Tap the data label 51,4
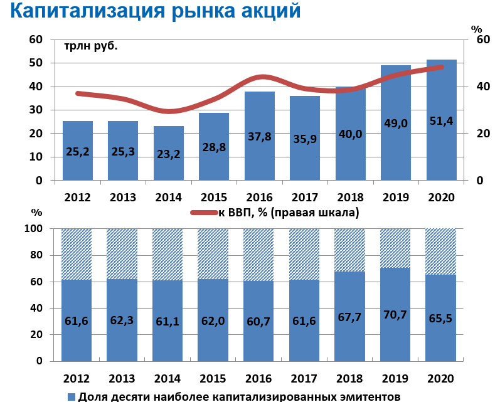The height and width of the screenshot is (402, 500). pyautogui.click(x=441, y=121)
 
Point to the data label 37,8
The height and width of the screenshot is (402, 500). pyautogui.click(x=259, y=137)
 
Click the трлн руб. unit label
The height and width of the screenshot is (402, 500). pyautogui.click(x=91, y=46)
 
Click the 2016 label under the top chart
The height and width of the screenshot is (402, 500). pyautogui.click(x=259, y=198)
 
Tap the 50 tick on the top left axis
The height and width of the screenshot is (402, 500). pyautogui.click(x=36, y=63)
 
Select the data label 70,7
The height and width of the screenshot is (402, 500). pyautogui.click(x=395, y=315)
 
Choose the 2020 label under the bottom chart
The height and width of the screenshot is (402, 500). pyautogui.click(x=441, y=379)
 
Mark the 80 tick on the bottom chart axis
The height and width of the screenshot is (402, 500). pyautogui.click(x=36, y=255)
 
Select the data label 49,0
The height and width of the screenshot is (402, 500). pyautogui.click(x=395, y=123)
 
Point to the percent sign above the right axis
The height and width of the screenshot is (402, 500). pyautogui.click(x=477, y=29)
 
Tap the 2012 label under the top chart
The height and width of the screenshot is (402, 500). pyautogui.click(x=77, y=198)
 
